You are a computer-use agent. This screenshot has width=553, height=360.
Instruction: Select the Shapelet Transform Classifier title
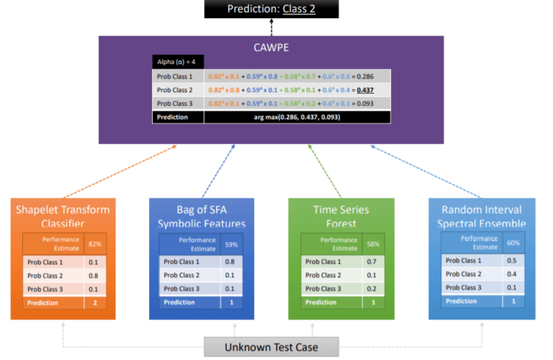(63, 216)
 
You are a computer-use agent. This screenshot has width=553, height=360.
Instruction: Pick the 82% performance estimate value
(95, 244)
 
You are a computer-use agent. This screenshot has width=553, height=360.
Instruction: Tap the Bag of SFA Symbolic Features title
(202, 216)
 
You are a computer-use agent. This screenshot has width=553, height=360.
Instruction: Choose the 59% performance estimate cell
(232, 244)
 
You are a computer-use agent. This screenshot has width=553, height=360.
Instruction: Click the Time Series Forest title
(341, 216)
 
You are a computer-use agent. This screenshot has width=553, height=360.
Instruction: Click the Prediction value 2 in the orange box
(95, 303)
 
